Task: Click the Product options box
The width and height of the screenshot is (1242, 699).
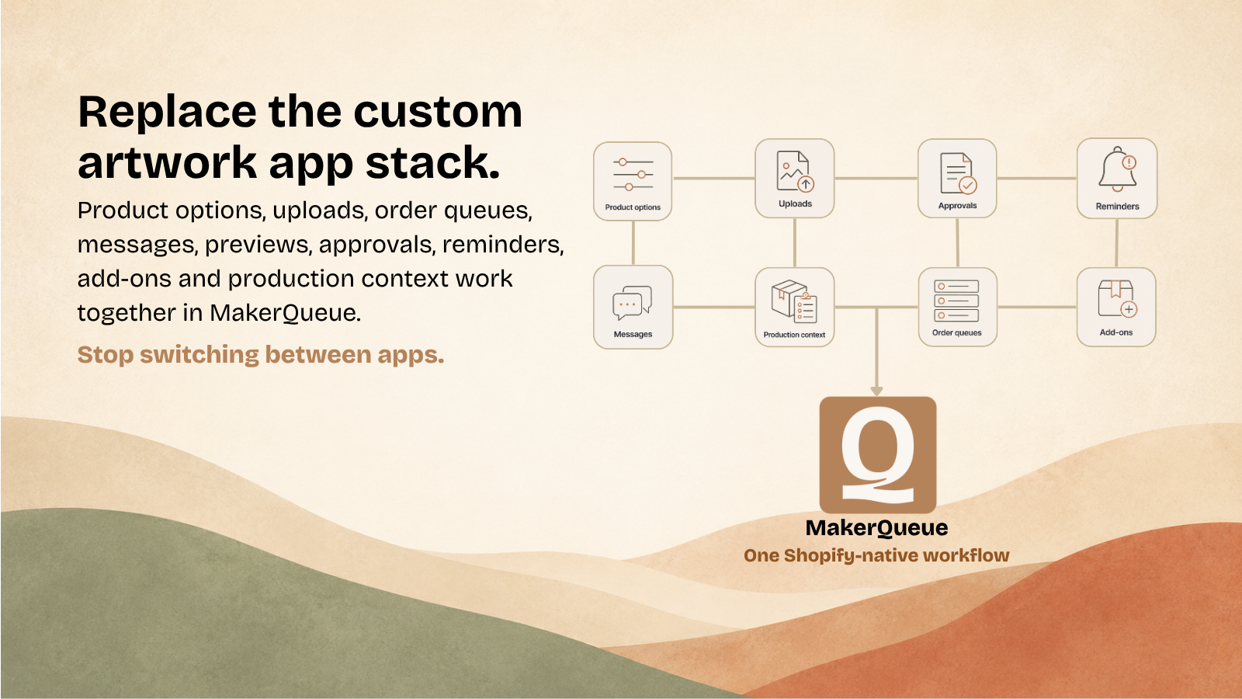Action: (x=633, y=182)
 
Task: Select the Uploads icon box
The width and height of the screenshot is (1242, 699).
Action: (x=795, y=178)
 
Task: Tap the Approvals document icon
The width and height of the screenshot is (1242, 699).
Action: (x=958, y=173)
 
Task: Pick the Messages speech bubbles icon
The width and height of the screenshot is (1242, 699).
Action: (x=632, y=302)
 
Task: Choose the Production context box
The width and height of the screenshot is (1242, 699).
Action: (x=795, y=308)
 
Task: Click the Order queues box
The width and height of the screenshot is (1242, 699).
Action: (x=958, y=308)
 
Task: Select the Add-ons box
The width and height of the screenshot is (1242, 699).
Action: (x=1116, y=308)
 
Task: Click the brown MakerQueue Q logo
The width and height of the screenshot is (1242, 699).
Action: (x=878, y=455)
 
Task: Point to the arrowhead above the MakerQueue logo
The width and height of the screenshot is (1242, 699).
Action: (x=876, y=391)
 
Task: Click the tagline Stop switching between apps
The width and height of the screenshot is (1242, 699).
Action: (x=261, y=354)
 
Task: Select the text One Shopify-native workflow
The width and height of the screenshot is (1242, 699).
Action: (x=876, y=555)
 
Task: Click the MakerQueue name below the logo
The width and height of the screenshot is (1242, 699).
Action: (x=876, y=527)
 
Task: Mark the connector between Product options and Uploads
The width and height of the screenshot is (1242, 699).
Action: (x=713, y=179)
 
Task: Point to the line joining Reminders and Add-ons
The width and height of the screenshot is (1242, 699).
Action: (x=1117, y=243)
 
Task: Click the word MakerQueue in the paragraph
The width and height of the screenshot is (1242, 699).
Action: (x=285, y=313)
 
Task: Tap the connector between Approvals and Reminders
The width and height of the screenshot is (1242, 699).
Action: (x=1037, y=179)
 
